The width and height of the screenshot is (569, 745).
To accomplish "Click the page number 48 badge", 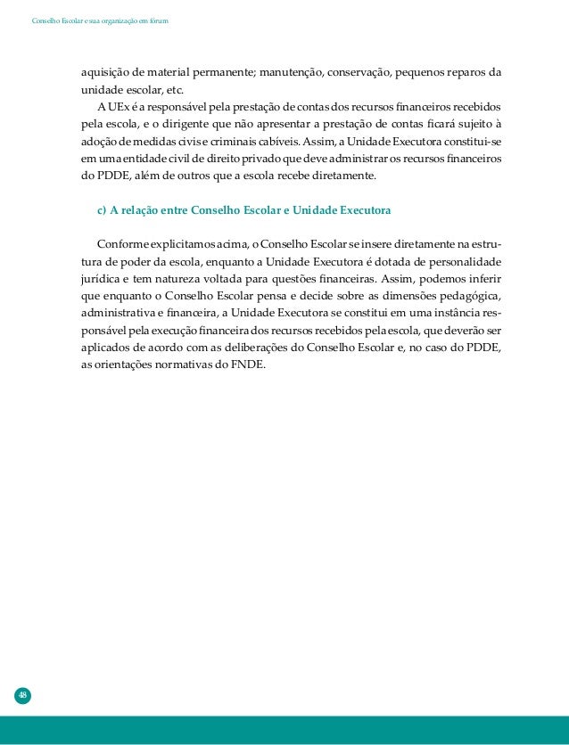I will point(22,695).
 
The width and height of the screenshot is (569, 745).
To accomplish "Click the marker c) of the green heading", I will point(102,210).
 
